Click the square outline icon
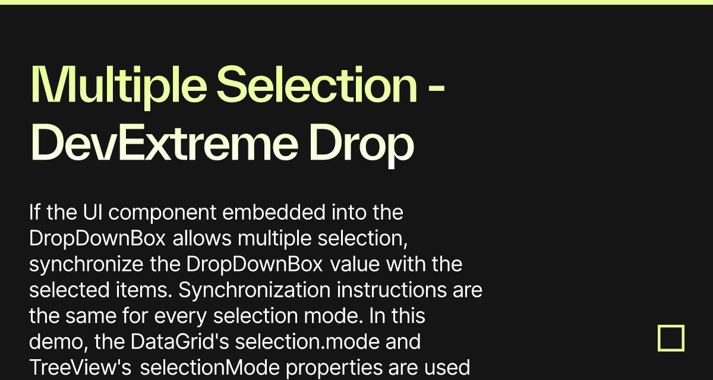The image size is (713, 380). (671, 338)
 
